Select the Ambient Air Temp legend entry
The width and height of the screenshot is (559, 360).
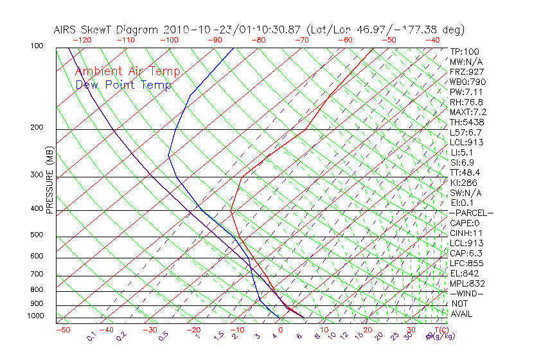pyautogui.click(x=127, y=71)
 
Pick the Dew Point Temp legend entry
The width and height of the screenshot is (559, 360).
pyautogui.click(x=123, y=85)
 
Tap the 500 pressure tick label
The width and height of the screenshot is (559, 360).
pyautogui.click(x=37, y=235)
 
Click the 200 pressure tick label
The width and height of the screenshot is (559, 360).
pyautogui.click(x=37, y=127)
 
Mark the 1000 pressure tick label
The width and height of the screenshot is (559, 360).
pyautogui.click(x=35, y=316)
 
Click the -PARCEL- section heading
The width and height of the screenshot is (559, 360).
pyautogui.click(x=472, y=213)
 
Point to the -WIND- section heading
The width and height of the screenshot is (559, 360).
pyautogui.click(x=467, y=293)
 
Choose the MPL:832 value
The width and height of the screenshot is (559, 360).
pyautogui.click(x=467, y=283)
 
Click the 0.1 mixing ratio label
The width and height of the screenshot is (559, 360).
pyautogui.click(x=92, y=336)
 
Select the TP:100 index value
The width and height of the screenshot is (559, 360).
pyautogui.click(x=465, y=51)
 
